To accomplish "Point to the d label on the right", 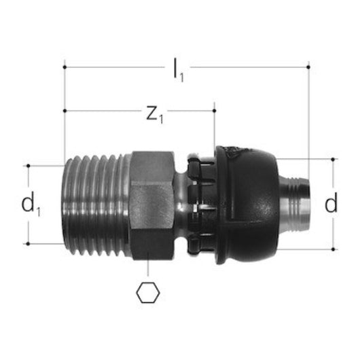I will click(x=331, y=204).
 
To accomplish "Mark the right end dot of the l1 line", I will click(x=308, y=67).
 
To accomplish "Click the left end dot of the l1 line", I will click(x=65, y=67).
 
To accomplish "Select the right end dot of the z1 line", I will click(x=215, y=110).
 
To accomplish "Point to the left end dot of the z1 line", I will click(x=65, y=110).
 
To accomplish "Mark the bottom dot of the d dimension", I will click(x=334, y=249).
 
